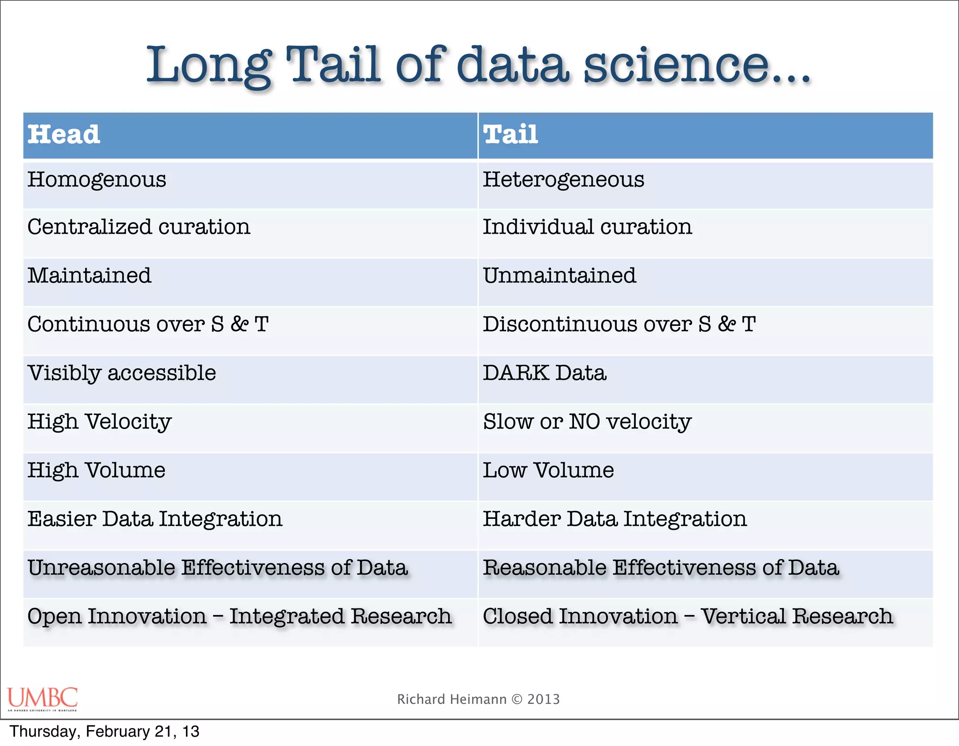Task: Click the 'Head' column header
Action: (x=64, y=135)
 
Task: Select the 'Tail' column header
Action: (x=510, y=135)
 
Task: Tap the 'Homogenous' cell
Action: (x=97, y=180)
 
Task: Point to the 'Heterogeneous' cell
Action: (x=563, y=180)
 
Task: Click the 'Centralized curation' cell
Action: (x=139, y=228)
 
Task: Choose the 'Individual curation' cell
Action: (x=587, y=228)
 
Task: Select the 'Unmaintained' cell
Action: (x=560, y=276)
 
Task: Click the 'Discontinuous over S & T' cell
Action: (x=619, y=325)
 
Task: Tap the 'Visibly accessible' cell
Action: (x=122, y=373)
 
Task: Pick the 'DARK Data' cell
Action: (x=545, y=373)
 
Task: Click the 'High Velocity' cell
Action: (x=99, y=422)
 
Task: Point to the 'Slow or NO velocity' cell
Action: (x=587, y=422)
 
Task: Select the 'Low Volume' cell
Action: (x=548, y=471)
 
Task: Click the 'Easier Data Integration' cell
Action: (x=155, y=519)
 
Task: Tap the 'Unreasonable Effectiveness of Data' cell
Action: (x=218, y=568)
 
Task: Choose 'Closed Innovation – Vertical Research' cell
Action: (x=688, y=617)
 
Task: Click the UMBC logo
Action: (x=43, y=699)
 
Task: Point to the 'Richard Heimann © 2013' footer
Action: (x=479, y=699)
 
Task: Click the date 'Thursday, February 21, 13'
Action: (x=104, y=731)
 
